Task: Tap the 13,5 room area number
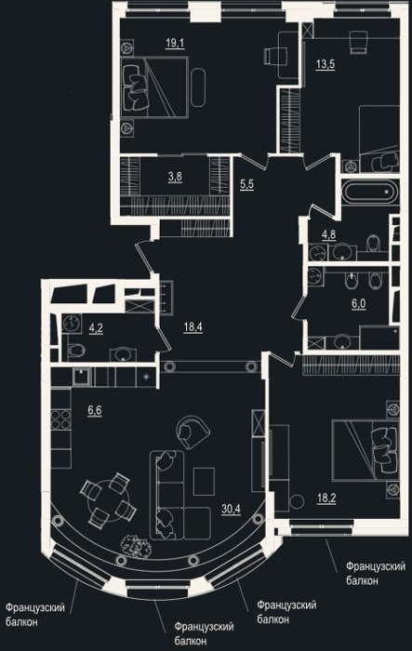tap(326, 64)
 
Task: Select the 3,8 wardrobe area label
tap(175, 177)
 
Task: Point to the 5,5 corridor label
tap(246, 184)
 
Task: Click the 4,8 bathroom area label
tap(328, 234)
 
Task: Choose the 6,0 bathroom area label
tap(359, 303)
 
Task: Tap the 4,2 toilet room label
tap(96, 328)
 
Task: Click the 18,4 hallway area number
tap(193, 327)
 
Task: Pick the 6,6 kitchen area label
tap(94, 411)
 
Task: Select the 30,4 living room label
tap(231, 509)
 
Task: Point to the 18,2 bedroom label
tap(326, 498)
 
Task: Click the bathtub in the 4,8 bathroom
tap(369, 193)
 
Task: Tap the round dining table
tap(109, 498)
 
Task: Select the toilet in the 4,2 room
tap(75, 351)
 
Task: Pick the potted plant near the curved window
tap(136, 545)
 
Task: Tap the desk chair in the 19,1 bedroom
tap(275, 56)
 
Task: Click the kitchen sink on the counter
tap(82, 377)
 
